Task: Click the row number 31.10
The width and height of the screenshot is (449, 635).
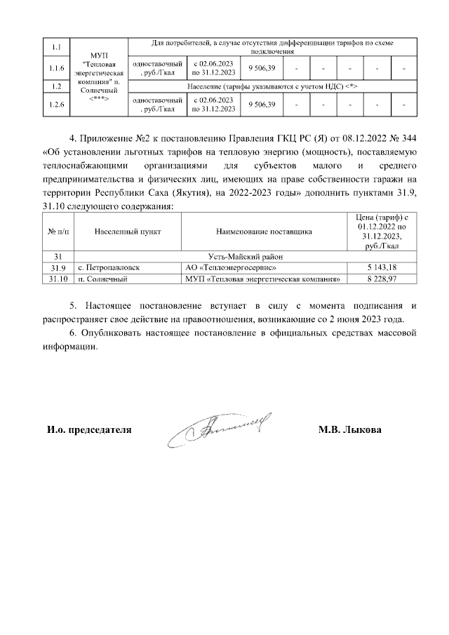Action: [x=53, y=279]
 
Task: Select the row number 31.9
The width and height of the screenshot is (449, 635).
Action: [x=53, y=268]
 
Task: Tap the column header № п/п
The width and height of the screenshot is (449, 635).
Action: [x=53, y=230]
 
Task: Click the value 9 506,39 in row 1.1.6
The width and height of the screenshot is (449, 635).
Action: [x=262, y=68]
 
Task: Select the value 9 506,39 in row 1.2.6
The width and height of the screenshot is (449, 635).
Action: [x=262, y=105]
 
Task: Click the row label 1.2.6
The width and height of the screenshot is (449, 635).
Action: [x=53, y=105]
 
